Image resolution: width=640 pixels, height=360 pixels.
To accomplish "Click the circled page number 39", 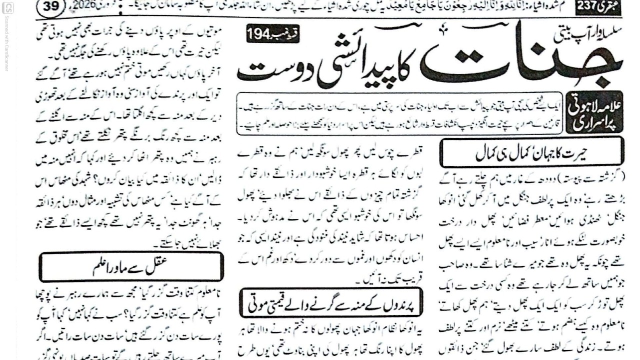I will pyautogui.click(x=51, y=6).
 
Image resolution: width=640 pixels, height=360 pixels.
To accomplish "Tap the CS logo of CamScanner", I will pyautogui.click(x=7, y=7).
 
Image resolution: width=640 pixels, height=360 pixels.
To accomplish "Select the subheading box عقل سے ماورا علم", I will pyautogui.click(x=131, y=266).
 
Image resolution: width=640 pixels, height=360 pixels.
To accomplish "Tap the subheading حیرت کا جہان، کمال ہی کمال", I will pyautogui.click(x=531, y=152).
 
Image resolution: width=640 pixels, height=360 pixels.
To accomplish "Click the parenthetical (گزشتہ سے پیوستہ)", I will pyautogui.click(x=585, y=176).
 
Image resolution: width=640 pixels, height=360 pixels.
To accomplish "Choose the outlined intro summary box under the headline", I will pyautogui.click(x=400, y=113).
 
